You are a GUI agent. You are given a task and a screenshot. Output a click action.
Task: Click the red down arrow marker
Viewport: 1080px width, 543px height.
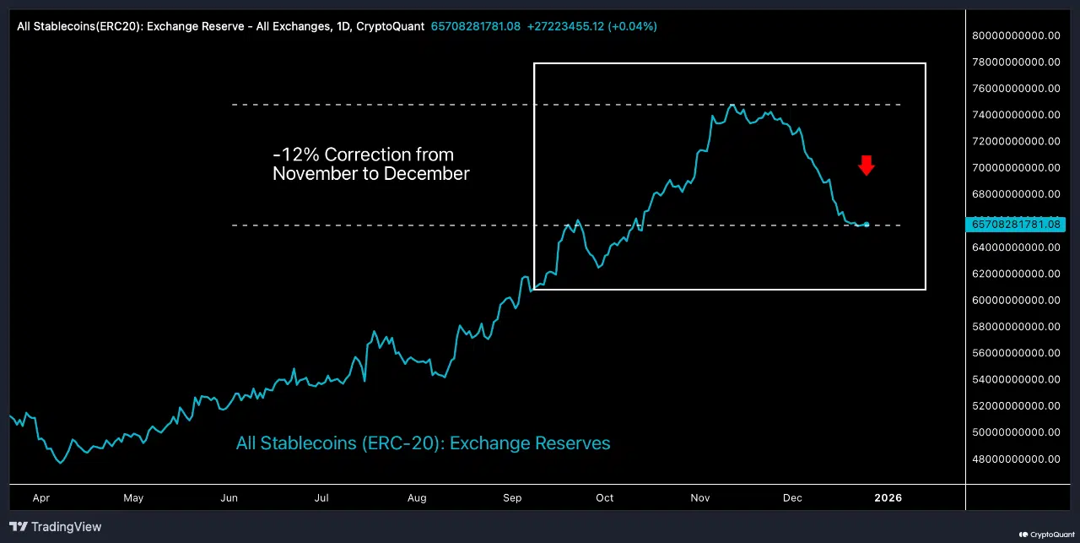point(867,165)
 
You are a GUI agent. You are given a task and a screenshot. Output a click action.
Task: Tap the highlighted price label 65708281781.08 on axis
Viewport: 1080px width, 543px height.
point(1016,224)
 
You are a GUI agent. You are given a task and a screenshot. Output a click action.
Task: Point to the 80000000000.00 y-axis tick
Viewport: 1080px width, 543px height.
point(1016,35)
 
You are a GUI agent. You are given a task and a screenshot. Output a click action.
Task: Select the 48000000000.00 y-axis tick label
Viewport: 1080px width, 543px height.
point(1016,459)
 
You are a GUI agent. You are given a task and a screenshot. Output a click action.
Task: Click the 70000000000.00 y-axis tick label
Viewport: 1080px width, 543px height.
point(1016,167)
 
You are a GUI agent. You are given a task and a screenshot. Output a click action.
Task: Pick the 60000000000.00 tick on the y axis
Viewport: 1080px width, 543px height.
point(1016,300)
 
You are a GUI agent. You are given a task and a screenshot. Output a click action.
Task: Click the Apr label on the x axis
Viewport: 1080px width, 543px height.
point(41,498)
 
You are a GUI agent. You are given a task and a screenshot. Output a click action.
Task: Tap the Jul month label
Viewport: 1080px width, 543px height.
point(321,498)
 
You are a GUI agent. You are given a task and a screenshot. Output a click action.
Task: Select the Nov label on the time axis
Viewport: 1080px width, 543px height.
point(700,498)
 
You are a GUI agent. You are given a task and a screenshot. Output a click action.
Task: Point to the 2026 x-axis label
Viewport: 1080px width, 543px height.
point(888,498)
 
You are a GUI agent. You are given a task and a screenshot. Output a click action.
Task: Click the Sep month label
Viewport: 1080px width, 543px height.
point(512,498)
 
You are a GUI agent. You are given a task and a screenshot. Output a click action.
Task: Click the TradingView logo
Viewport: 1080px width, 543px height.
point(57,527)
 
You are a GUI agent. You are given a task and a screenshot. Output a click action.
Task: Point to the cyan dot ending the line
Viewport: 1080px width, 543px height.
point(867,224)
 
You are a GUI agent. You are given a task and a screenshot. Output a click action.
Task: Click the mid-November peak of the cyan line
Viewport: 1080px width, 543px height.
point(732,106)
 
